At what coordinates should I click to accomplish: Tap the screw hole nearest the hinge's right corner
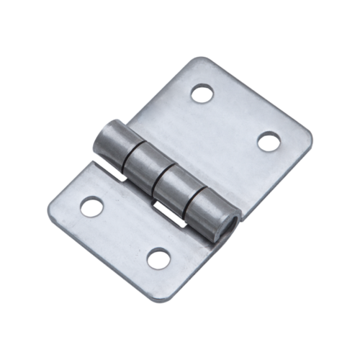269,140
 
